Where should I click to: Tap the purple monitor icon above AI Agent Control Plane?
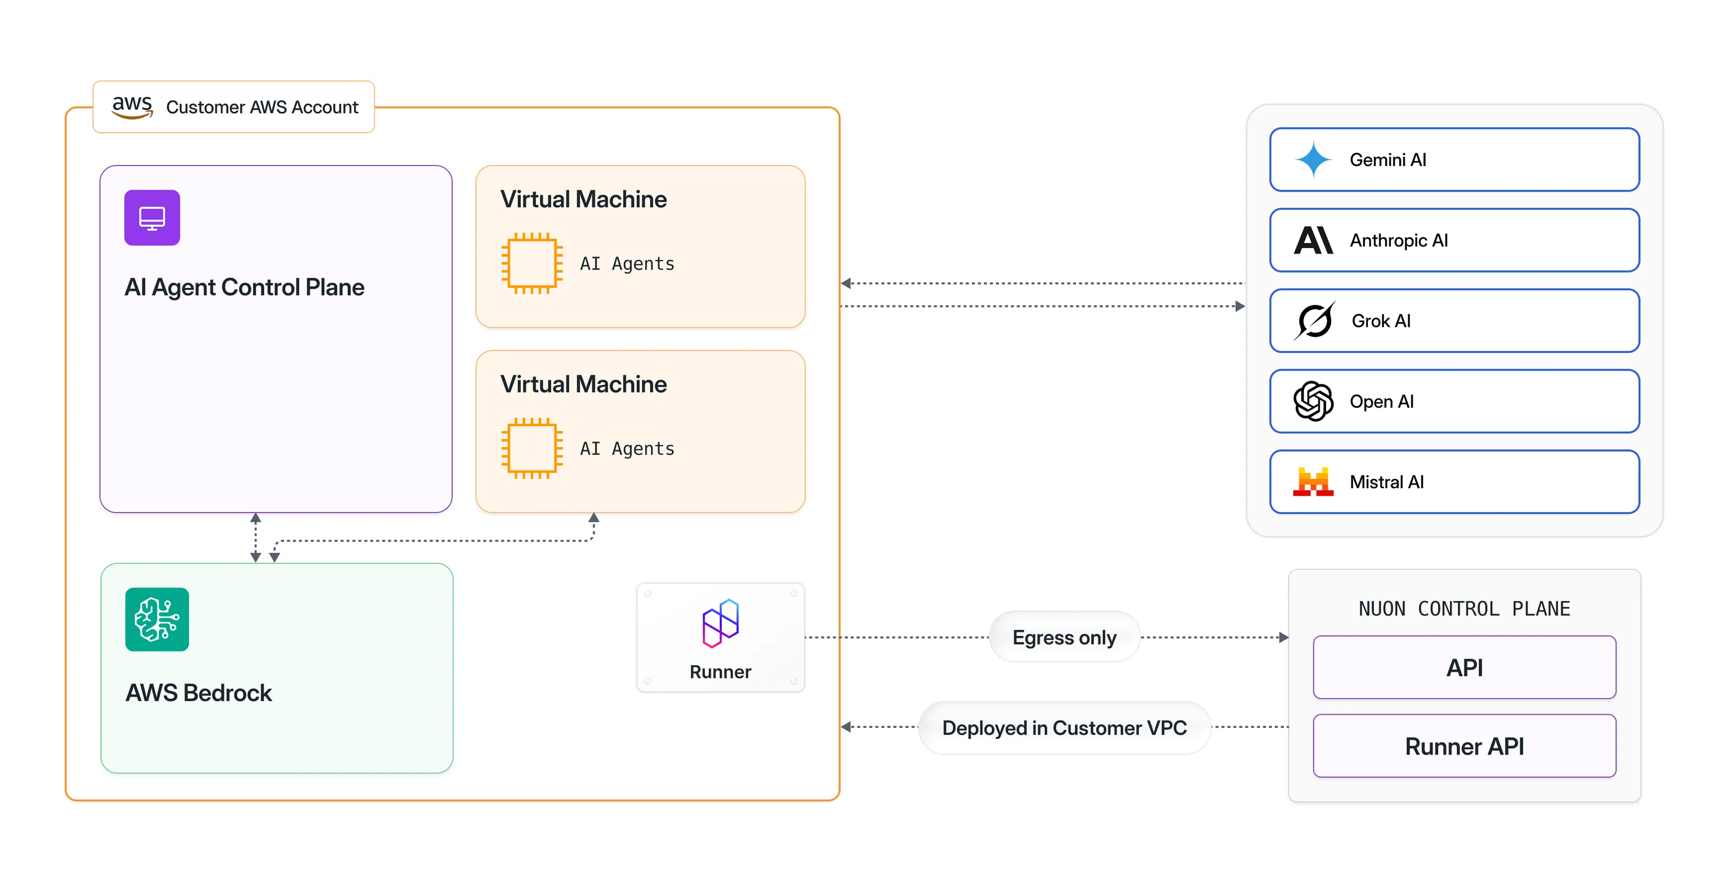(152, 218)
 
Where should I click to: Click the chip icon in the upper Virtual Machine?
(531, 263)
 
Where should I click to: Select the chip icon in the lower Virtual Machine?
(531, 448)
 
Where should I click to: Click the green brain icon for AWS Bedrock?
(157, 619)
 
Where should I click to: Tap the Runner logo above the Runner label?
(721, 623)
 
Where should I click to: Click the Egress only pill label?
(1064, 637)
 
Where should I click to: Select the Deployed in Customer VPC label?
(1064, 727)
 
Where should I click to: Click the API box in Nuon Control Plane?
(1464, 667)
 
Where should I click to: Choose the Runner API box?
(1464, 746)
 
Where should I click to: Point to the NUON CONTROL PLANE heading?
(1464, 608)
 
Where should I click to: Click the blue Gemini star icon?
(1313, 160)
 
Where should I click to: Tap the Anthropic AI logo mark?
(1313, 240)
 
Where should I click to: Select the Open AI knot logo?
(1313, 401)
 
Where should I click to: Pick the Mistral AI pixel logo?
(1313, 481)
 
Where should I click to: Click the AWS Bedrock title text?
(199, 692)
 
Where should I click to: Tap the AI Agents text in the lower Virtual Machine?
(627, 449)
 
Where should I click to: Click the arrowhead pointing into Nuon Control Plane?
(1283, 637)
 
